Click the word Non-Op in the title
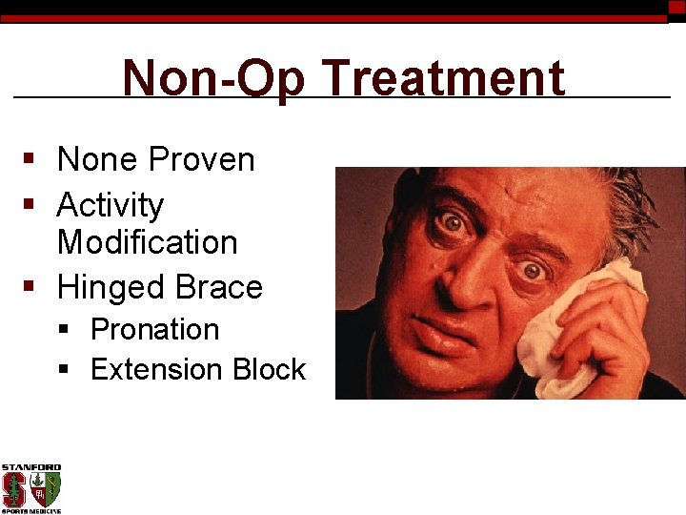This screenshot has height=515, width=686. click(213, 79)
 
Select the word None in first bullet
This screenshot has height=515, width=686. click(94, 160)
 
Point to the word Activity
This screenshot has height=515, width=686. click(111, 206)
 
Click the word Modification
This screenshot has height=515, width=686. click(148, 242)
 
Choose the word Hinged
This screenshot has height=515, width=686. click(111, 288)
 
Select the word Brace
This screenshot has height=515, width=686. click(219, 287)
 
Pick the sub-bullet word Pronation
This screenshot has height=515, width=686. click(154, 330)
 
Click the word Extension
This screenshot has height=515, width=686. click(157, 370)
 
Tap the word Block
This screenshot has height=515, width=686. click(268, 370)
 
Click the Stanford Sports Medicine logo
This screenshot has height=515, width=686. click(31, 489)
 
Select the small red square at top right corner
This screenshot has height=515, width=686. click(676, 7)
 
